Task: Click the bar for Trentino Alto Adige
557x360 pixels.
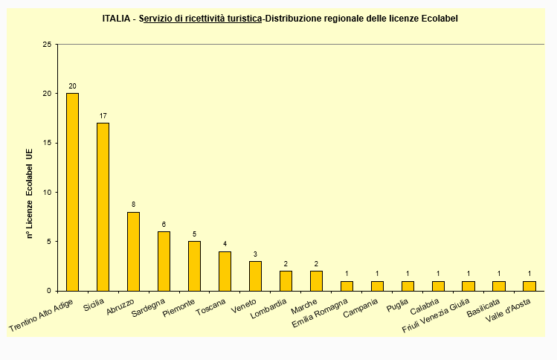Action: click(72, 192)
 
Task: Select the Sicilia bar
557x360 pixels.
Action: click(103, 207)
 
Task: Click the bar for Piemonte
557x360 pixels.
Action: click(194, 266)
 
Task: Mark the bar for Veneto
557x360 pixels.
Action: click(255, 276)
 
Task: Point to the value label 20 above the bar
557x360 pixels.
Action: click(72, 86)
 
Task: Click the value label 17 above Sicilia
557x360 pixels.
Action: click(103, 116)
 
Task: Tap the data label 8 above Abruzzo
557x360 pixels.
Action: click(133, 205)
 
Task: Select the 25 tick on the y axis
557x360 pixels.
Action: click(47, 45)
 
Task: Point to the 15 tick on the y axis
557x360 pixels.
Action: click(47, 143)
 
